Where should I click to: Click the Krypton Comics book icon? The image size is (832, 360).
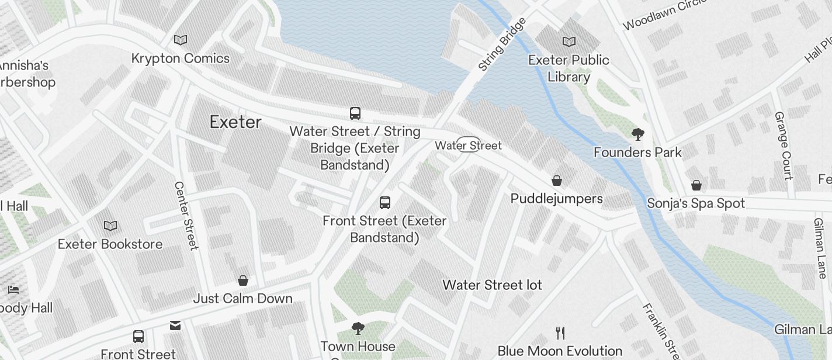[181, 40]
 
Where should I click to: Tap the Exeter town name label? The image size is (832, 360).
[235, 122]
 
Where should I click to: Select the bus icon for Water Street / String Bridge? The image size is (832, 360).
[355, 113]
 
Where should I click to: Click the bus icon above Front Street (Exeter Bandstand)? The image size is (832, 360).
[384, 203]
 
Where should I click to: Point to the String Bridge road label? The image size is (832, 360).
[502, 44]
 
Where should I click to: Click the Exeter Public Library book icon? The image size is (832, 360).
[568, 41]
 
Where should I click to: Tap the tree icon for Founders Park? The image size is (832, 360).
[637, 134]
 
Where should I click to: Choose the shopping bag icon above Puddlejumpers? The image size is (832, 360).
[557, 181]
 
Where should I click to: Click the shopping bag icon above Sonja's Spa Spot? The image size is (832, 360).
[696, 186]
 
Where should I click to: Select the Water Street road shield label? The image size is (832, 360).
[469, 145]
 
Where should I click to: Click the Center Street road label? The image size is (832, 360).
[186, 216]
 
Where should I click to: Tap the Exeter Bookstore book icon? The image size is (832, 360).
[110, 226]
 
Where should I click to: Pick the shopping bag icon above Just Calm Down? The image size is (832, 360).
[243, 281]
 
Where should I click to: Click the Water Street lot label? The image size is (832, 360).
[492, 285]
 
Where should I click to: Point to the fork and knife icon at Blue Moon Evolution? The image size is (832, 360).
[560, 333]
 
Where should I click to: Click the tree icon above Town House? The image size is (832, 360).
[358, 328]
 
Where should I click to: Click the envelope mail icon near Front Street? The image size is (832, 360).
[175, 326]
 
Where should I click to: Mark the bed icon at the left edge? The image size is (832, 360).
[14, 290]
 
